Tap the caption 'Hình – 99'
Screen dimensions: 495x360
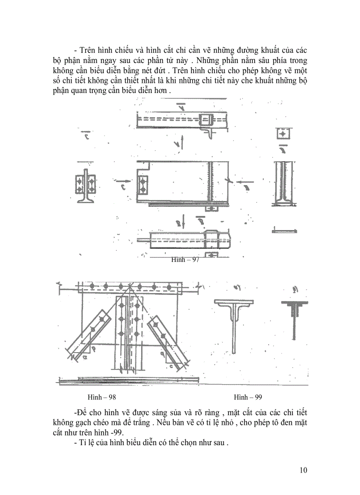pyautogui.click(x=248, y=397)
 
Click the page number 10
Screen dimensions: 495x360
pyautogui.click(x=303, y=470)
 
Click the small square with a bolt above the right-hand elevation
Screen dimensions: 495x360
pyautogui.click(x=282, y=134)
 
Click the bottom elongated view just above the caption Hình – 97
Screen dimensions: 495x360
pyautogui.click(x=190, y=240)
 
